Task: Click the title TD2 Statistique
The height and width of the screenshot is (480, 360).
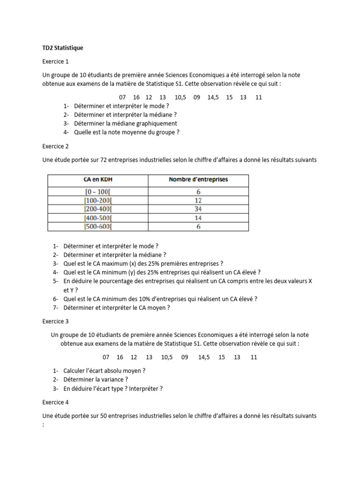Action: tap(63, 48)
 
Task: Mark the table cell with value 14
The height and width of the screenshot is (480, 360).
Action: tap(198, 217)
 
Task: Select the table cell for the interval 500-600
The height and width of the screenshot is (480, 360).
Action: tap(98, 226)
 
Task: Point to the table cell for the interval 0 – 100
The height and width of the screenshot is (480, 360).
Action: tap(98, 191)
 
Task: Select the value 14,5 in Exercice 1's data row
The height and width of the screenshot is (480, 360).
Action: tap(212, 97)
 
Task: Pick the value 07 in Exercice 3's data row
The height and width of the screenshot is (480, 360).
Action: tap(106, 357)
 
